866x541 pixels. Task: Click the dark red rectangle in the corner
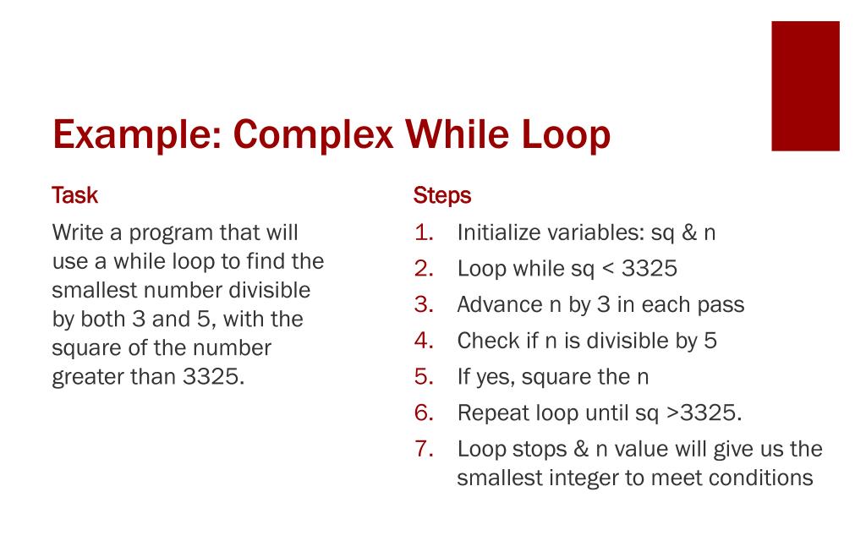point(805,86)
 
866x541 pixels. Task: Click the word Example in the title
point(137,135)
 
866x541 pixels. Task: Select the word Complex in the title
point(313,135)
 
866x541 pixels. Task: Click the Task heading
point(74,195)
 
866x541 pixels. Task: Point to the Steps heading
point(441,196)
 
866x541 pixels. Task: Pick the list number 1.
point(424,232)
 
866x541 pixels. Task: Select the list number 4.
point(424,341)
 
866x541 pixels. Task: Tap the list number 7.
point(424,449)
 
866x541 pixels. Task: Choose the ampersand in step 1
point(688,232)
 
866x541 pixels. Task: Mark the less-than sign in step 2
point(608,269)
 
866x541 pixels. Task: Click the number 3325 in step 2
point(649,269)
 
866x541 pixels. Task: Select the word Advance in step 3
point(500,304)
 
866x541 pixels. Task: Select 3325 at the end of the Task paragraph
point(213,376)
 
